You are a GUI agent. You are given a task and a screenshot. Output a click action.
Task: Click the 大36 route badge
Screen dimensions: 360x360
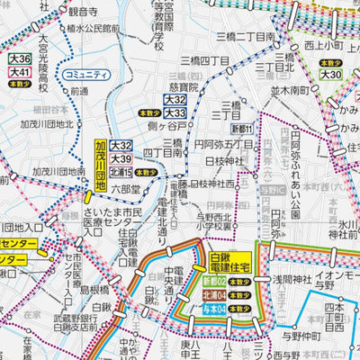tap(19, 59)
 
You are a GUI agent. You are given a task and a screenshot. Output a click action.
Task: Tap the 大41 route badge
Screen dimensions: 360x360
tap(19, 71)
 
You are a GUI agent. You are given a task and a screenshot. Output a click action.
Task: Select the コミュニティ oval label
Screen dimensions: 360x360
tap(82, 75)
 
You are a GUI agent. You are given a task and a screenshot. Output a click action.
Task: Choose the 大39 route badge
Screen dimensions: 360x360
tap(121, 158)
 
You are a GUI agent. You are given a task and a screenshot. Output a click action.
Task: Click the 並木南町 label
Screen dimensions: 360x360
tap(291, 92)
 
